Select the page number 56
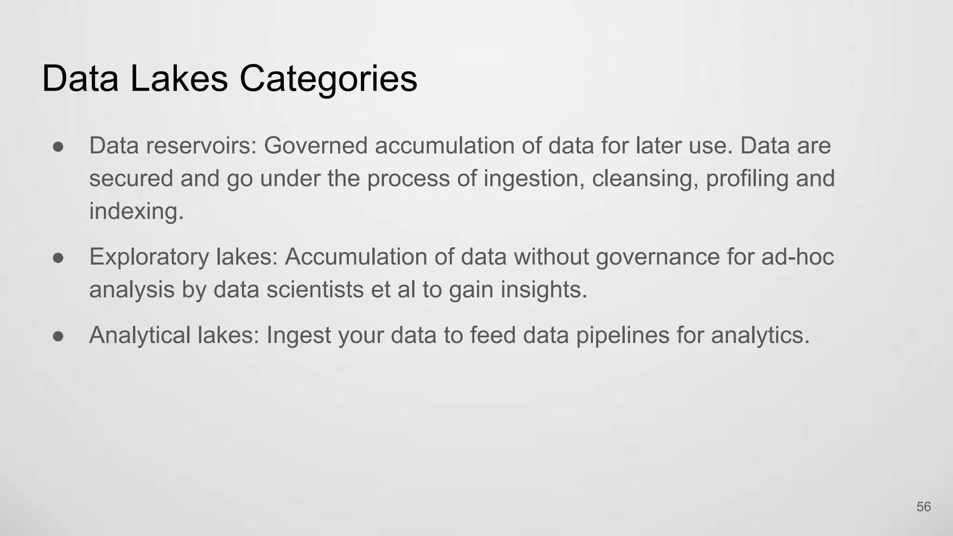(923, 507)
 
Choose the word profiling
(747, 179)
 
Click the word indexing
(136, 211)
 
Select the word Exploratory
(149, 257)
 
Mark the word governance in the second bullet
(658, 257)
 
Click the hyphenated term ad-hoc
(798, 257)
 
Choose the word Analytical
(140, 335)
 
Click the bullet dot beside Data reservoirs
(58, 147)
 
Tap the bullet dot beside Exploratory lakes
(58, 258)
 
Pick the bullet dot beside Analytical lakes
(58, 336)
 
